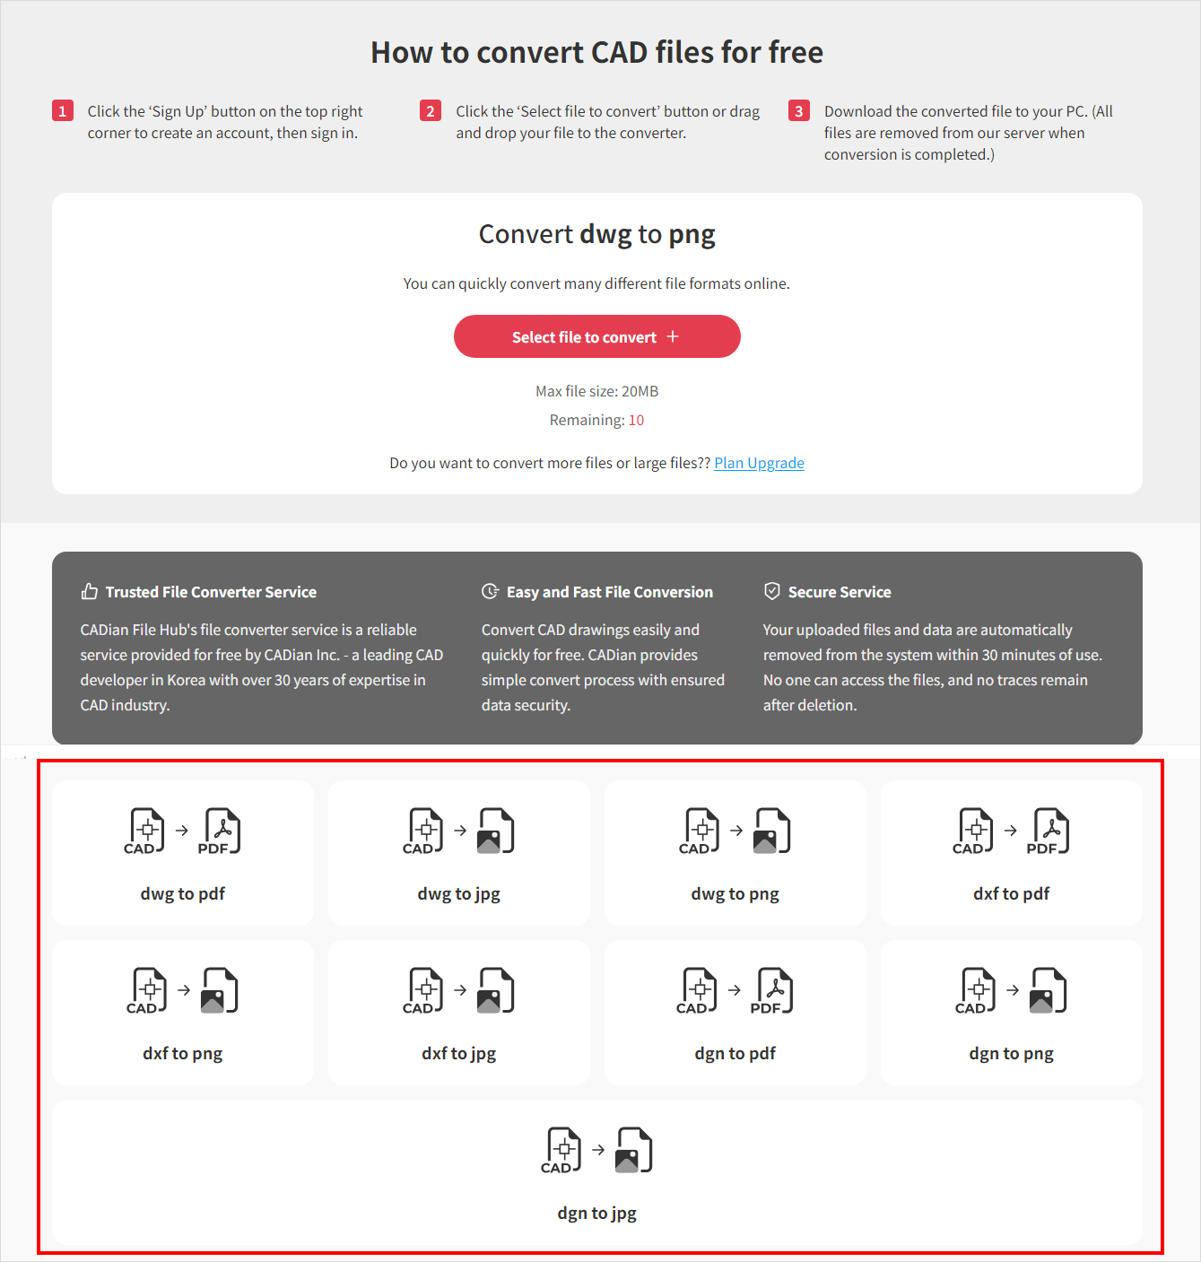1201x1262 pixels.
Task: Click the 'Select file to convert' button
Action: click(x=597, y=336)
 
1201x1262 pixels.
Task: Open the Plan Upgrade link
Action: click(x=759, y=463)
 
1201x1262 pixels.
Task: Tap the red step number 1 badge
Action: click(x=62, y=111)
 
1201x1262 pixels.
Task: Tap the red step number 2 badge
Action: click(x=430, y=111)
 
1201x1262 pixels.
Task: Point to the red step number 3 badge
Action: click(x=798, y=111)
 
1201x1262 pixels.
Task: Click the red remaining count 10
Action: click(x=636, y=420)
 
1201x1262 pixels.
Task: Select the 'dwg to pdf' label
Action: click(x=183, y=893)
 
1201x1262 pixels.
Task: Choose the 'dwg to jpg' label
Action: click(x=459, y=893)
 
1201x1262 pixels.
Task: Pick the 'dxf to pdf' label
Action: click(x=1011, y=893)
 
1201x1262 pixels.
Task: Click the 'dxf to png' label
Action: click(x=183, y=1053)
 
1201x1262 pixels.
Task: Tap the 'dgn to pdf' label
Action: click(x=735, y=1053)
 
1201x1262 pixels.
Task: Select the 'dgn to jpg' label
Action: click(x=597, y=1214)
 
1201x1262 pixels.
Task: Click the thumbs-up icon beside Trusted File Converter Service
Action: click(x=89, y=591)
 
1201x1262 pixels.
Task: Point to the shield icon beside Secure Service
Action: click(x=771, y=591)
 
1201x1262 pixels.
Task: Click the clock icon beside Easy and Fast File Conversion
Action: click(x=490, y=591)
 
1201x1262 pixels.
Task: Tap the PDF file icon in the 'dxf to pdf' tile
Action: click(x=1049, y=831)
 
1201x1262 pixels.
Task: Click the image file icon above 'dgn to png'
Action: click(x=1049, y=990)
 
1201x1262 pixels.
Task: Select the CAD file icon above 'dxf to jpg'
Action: click(x=423, y=990)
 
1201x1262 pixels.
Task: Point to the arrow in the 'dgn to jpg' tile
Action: click(x=598, y=1149)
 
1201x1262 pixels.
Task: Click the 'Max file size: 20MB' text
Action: click(x=597, y=391)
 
